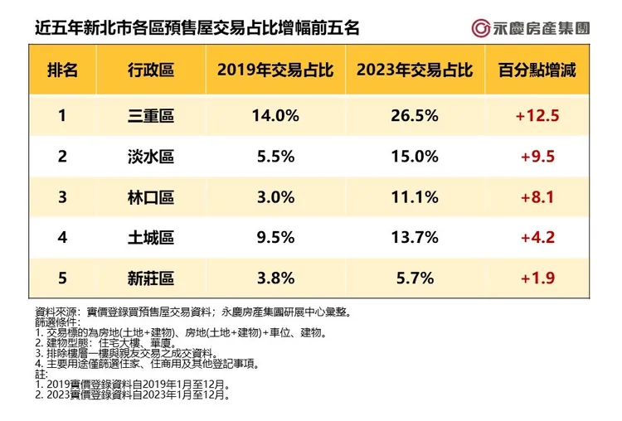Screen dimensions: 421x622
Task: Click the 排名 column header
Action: [62, 70]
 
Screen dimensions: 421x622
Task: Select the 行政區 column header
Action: [152, 70]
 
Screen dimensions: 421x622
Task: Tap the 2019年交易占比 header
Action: [275, 70]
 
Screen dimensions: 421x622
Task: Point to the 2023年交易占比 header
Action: [414, 70]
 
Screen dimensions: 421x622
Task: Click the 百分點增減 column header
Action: [537, 70]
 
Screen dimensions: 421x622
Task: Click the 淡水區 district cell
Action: [152, 157]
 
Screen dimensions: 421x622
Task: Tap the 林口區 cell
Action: [152, 197]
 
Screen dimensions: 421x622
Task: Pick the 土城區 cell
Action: [152, 238]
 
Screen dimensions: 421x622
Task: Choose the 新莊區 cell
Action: [152, 278]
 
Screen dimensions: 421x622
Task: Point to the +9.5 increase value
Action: [537, 157]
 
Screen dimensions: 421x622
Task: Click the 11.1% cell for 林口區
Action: [414, 197]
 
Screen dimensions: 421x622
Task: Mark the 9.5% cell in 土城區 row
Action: [275, 238]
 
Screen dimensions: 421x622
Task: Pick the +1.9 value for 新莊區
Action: [537, 278]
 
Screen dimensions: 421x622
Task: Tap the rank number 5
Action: [62, 278]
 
